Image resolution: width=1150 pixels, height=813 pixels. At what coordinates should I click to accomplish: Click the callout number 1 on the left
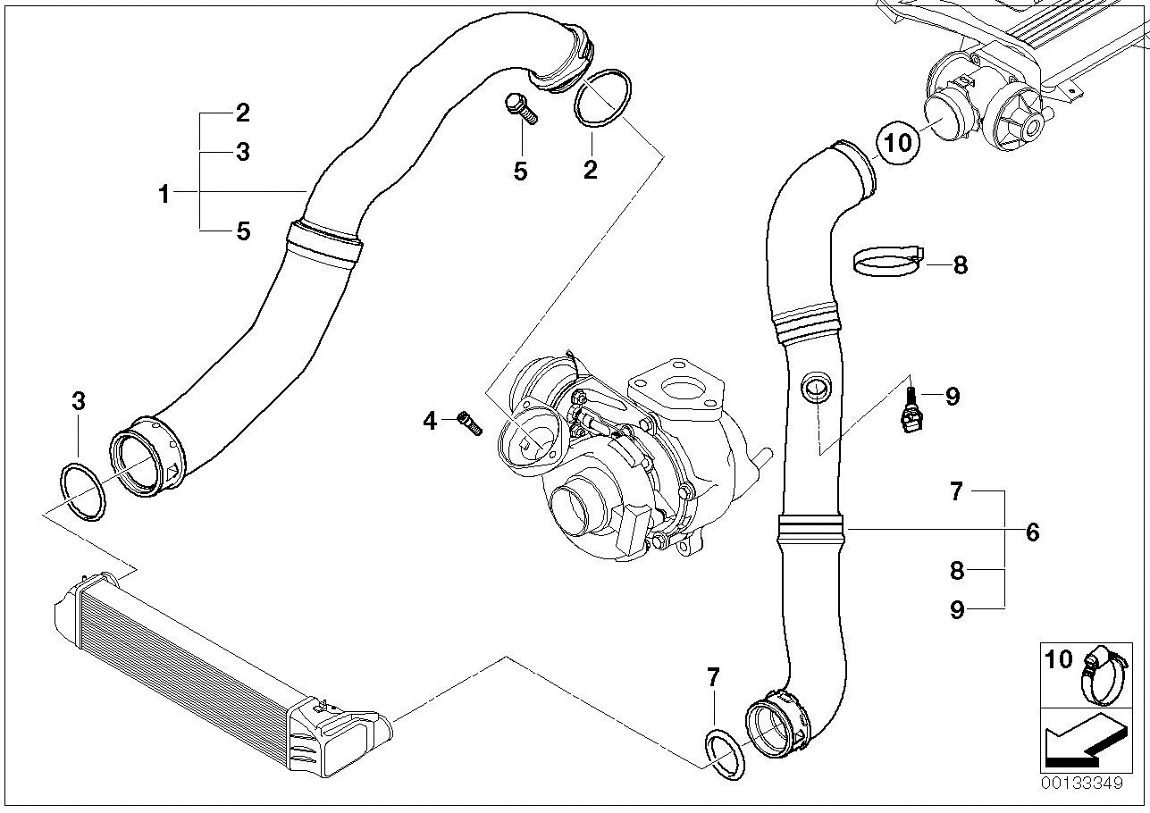click(164, 193)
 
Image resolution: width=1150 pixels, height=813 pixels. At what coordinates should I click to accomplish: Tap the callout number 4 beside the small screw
click(431, 420)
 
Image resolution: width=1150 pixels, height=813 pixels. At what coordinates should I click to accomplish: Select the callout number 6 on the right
click(1033, 532)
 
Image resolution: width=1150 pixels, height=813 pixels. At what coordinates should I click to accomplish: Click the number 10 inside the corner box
click(1059, 659)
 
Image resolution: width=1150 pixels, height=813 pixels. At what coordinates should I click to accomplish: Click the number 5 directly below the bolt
click(520, 171)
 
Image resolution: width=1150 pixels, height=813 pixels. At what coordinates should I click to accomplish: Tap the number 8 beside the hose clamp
click(961, 264)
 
